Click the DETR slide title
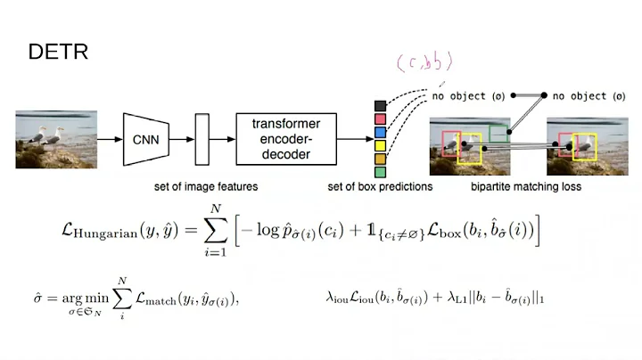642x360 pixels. (58, 52)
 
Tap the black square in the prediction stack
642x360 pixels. (380, 106)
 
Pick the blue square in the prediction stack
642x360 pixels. (380, 132)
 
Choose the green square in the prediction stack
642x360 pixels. (380, 171)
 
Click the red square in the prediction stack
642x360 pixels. (380, 119)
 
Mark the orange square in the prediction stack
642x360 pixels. (380, 158)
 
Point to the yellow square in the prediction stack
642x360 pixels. (380, 145)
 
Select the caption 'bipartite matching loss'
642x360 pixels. (526, 187)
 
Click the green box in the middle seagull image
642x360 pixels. (499, 134)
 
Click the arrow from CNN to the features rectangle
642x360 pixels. (182, 138)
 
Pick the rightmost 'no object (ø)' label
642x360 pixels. (589, 94)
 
